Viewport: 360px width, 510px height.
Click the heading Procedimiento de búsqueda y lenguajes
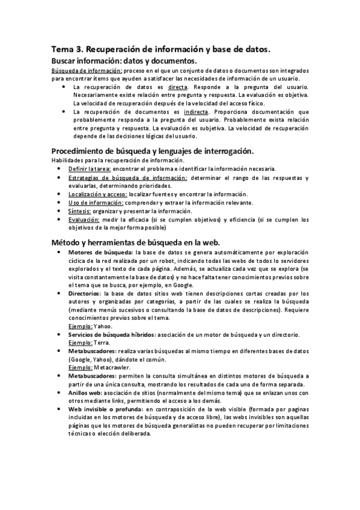153,150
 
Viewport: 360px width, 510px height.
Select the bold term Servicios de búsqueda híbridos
112,334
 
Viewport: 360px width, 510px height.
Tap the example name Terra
103,342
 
